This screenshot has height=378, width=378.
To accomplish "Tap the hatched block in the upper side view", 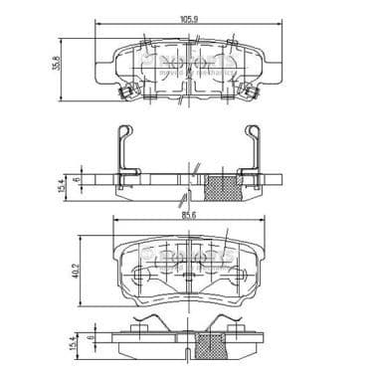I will pos(222,185).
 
